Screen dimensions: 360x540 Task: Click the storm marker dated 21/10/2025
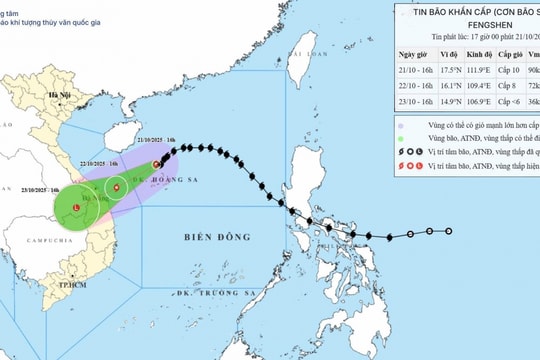[156, 164]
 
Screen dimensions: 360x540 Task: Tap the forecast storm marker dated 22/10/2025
[117, 186]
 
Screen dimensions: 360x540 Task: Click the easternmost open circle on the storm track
[448, 231]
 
